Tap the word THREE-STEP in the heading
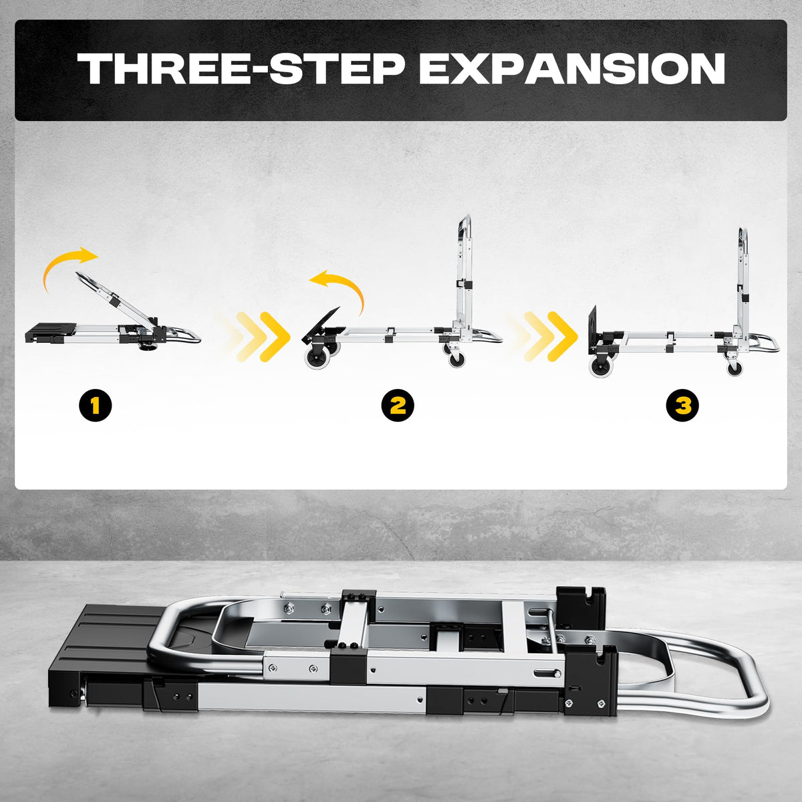pyautogui.click(x=241, y=68)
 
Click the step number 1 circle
pyautogui.click(x=96, y=404)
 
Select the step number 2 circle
pyautogui.click(x=398, y=404)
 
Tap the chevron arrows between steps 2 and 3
pyautogui.click(x=541, y=336)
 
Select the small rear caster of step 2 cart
pyautogui.click(x=456, y=358)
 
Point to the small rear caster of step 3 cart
pyautogui.click(x=734, y=367)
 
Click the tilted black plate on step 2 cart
pyautogui.click(x=321, y=321)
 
